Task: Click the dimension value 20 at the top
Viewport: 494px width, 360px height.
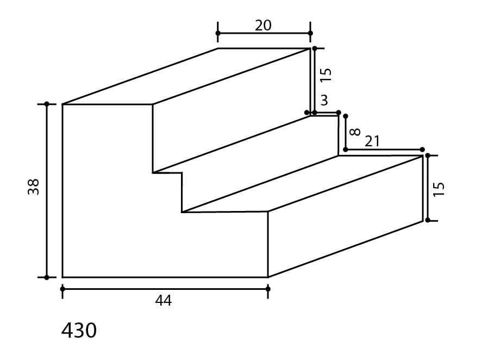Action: tap(263, 26)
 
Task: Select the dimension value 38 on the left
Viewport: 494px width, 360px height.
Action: tap(33, 187)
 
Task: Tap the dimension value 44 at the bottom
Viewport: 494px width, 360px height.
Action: tap(164, 301)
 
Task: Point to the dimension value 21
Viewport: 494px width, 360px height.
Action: tap(372, 141)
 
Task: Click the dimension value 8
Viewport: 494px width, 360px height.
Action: tap(355, 132)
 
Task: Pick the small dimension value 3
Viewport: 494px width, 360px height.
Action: tap(324, 100)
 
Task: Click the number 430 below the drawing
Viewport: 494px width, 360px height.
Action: tap(79, 331)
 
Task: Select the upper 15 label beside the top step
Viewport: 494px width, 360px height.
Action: tap(326, 75)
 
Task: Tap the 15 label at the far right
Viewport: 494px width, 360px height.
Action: tap(439, 189)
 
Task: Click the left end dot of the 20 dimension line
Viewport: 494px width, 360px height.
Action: tap(218, 33)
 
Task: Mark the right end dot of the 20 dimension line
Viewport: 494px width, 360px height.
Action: tap(310, 33)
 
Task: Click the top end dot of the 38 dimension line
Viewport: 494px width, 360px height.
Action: tap(47, 104)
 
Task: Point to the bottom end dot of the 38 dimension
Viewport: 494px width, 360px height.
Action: tap(47, 277)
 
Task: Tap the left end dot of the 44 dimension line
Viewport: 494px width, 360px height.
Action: tap(62, 289)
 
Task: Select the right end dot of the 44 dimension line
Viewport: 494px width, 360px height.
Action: tap(268, 289)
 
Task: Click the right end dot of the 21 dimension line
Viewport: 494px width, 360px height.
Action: tap(422, 150)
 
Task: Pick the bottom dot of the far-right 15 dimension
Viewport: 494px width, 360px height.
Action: tap(428, 220)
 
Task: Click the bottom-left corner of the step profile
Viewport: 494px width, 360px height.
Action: tap(62, 277)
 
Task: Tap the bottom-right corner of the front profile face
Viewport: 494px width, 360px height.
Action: tap(268, 277)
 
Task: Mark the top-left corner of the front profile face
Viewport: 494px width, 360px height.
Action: tap(62, 104)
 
